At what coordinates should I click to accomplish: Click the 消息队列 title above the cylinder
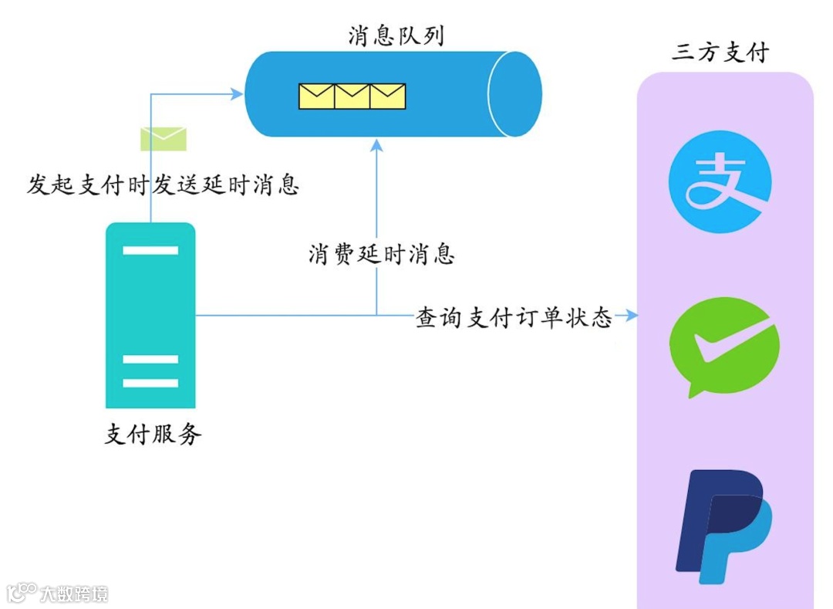click(396, 36)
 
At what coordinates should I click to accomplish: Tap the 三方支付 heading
click(720, 52)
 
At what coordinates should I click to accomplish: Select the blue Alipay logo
click(719, 181)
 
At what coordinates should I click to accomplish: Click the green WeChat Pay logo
click(722, 345)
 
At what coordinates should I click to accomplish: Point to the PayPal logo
click(723, 526)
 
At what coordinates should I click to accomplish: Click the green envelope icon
click(163, 139)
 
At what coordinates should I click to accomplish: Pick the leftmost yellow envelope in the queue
click(316, 96)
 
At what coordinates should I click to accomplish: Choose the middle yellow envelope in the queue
click(352, 96)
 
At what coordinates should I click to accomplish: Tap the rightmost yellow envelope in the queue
click(387, 96)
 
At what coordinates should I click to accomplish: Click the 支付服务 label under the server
click(153, 435)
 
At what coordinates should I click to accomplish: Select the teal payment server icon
click(150, 315)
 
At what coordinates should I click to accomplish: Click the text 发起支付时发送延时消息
click(163, 184)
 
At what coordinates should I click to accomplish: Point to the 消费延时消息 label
click(381, 254)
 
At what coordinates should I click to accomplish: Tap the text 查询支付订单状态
click(514, 317)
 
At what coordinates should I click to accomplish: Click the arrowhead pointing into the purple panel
click(632, 315)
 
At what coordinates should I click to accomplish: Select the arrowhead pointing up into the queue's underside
click(376, 145)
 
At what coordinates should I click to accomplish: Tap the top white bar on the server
click(150, 250)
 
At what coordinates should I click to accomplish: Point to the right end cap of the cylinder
click(514, 94)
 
